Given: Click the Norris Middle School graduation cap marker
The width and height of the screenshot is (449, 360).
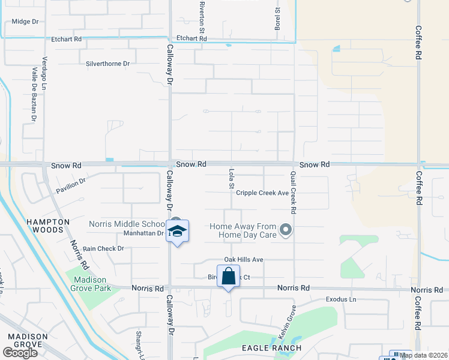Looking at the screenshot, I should pos(178,232).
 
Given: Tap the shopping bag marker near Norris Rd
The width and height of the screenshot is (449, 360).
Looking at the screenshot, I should pos(228,277).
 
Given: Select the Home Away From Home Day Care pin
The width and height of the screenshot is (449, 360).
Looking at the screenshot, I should pos(286,229).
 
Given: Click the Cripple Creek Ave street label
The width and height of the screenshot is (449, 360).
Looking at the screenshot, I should pos(262,193).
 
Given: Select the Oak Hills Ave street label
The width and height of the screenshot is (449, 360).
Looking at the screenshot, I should pos(244,260).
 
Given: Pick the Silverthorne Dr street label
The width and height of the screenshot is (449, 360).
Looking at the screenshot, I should pos(108,64).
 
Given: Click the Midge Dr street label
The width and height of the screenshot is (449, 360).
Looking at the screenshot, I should pos(25,22).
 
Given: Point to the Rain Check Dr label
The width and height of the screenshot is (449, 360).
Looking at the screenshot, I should pos(103,248).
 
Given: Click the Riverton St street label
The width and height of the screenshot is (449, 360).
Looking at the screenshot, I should pos(202,17).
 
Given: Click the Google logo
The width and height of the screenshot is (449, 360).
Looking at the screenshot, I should pos(20,352).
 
